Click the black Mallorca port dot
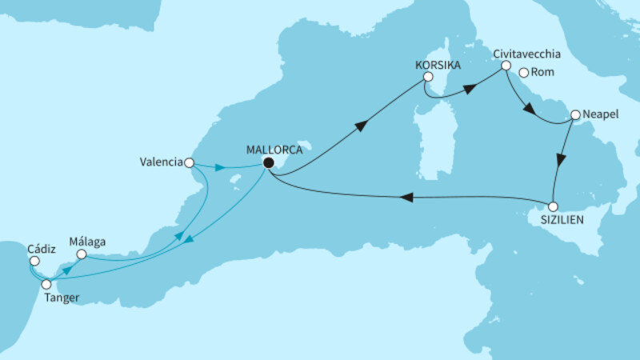coord(269,163)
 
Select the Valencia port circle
coord(189,162)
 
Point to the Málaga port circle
coord(81,254)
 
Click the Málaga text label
coord(88,240)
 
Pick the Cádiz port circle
coord(34,260)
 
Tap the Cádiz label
coord(40,246)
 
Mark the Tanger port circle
coord(46,284)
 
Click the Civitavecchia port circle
coord(506,70)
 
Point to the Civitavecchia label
coord(526,54)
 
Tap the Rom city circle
coord(524,73)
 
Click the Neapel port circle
coord(574,115)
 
